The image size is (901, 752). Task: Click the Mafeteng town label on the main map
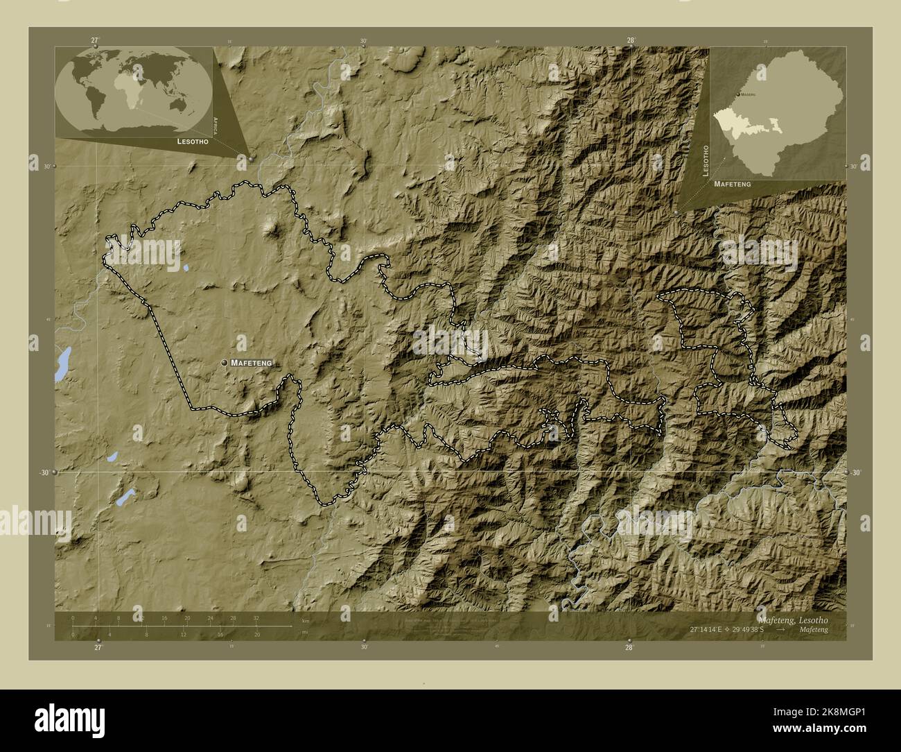coord(252,363)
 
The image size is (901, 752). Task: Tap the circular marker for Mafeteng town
coord(224,363)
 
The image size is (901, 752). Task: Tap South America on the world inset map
coord(93,104)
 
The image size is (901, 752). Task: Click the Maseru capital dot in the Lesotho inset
coord(737,94)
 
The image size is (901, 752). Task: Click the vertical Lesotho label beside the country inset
coord(706,161)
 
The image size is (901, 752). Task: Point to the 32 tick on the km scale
coord(256,618)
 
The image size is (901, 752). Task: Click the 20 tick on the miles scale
coord(256,634)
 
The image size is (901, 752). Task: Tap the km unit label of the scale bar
coord(305,621)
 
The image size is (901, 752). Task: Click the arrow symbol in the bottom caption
coord(782,629)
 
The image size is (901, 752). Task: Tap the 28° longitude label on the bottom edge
coord(629,647)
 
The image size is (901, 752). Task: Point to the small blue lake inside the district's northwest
coord(186,266)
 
